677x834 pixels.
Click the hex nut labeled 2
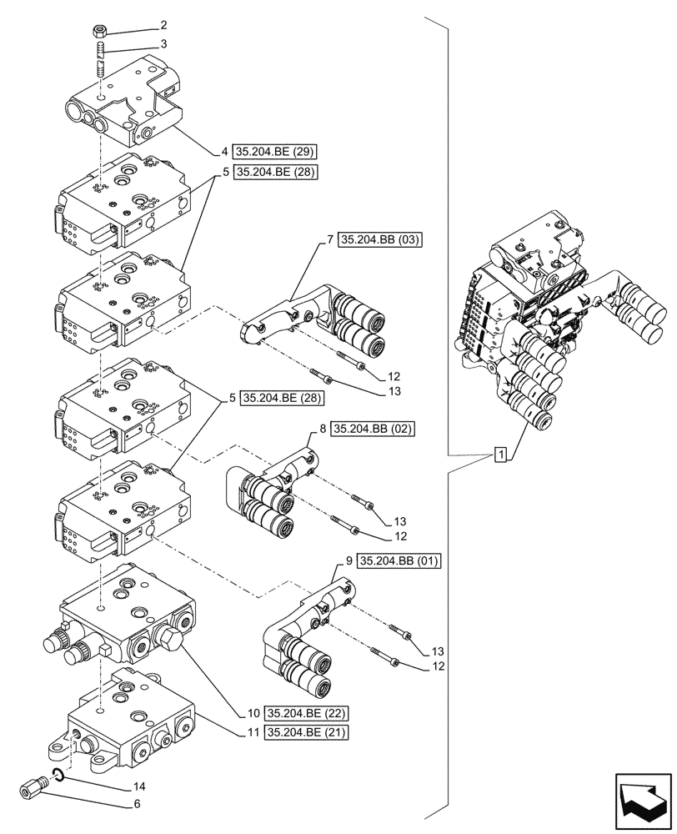click(98, 32)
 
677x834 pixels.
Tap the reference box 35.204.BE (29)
click(277, 152)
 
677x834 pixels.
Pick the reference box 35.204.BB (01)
click(399, 560)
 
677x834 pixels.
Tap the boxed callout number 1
click(499, 455)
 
